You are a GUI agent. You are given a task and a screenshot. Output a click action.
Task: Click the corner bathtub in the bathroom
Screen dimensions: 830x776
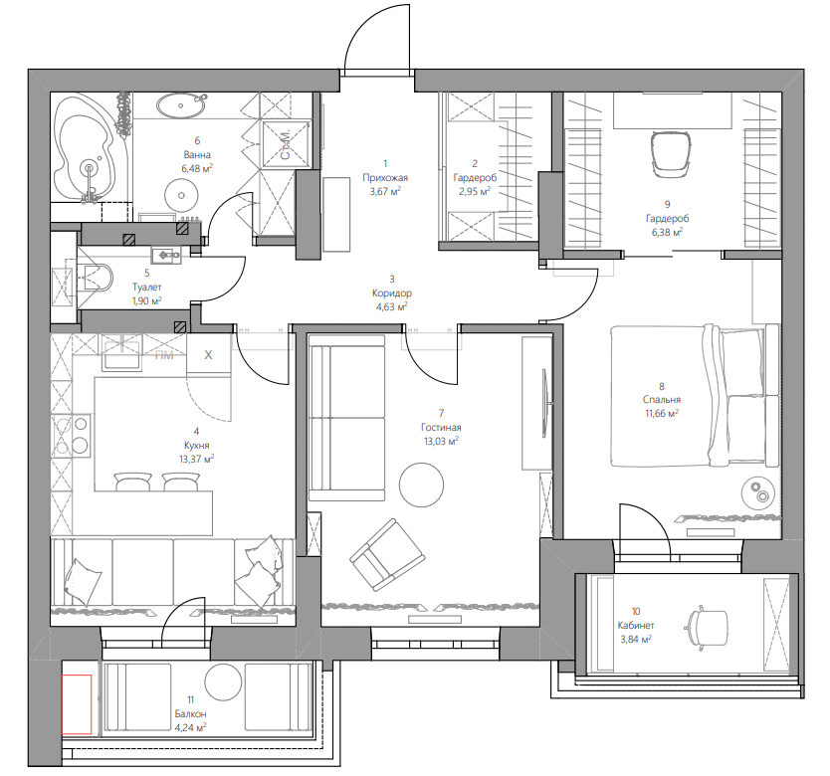(x=88, y=147)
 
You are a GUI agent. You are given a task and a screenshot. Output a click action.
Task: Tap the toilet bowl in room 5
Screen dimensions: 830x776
(x=99, y=277)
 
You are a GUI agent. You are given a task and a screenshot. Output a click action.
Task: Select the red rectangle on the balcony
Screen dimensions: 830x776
(x=77, y=704)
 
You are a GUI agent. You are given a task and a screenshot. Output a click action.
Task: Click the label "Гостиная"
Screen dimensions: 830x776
(x=441, y=427)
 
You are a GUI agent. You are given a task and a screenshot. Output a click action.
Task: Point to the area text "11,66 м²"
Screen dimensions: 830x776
(x=662, y=413)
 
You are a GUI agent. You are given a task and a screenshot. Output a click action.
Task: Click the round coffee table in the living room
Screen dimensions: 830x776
(x=421, y=485)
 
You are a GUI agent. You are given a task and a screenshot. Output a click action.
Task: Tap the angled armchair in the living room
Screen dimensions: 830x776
(x=387, y=554)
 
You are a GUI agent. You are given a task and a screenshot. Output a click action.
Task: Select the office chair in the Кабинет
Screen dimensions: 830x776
(x=707, y=628)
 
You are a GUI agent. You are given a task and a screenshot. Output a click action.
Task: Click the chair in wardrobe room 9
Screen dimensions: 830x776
(x=671, y=154)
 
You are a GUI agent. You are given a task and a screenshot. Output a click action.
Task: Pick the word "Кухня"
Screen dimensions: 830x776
(x=196, y=445)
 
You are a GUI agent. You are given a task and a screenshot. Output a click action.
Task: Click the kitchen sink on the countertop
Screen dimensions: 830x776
(x=121, y=353)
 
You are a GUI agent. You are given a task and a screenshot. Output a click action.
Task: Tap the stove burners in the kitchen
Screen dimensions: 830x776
(x=71, y=435)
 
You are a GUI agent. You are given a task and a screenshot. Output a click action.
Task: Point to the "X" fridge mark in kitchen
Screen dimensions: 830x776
(x=208, y=354)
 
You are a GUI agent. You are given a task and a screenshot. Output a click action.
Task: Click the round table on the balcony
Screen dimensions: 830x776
(x=223, y=682)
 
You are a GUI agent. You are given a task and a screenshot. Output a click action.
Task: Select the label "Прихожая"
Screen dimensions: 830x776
(x=385, y=177)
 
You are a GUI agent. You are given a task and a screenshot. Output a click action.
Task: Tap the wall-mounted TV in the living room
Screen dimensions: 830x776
(x=544, y=403)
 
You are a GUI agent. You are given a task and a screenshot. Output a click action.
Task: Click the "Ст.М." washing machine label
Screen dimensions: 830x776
(x=286, y=144)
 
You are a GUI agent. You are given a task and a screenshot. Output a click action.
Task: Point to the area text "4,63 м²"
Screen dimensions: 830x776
(x=392, y=306)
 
